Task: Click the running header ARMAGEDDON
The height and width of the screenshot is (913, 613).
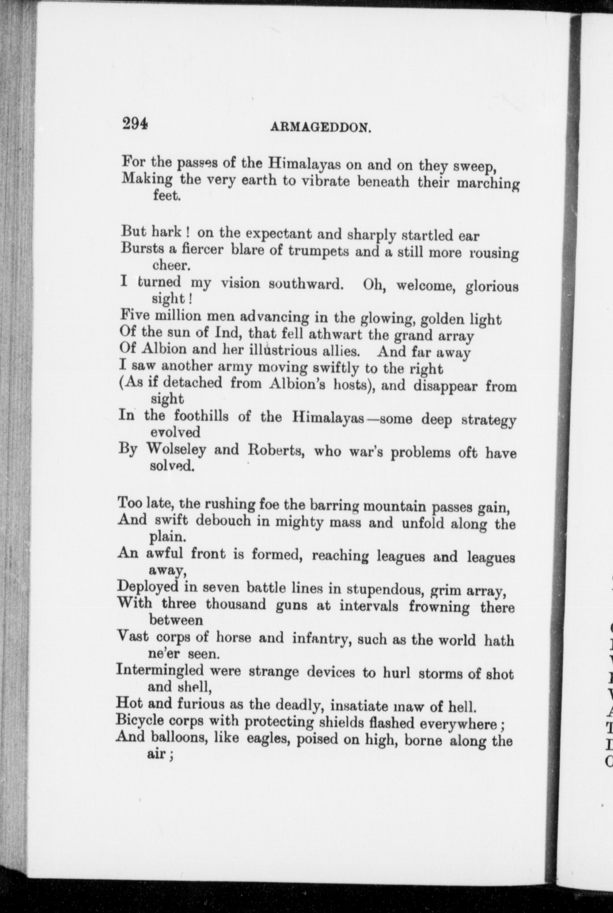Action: (321, 128)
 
